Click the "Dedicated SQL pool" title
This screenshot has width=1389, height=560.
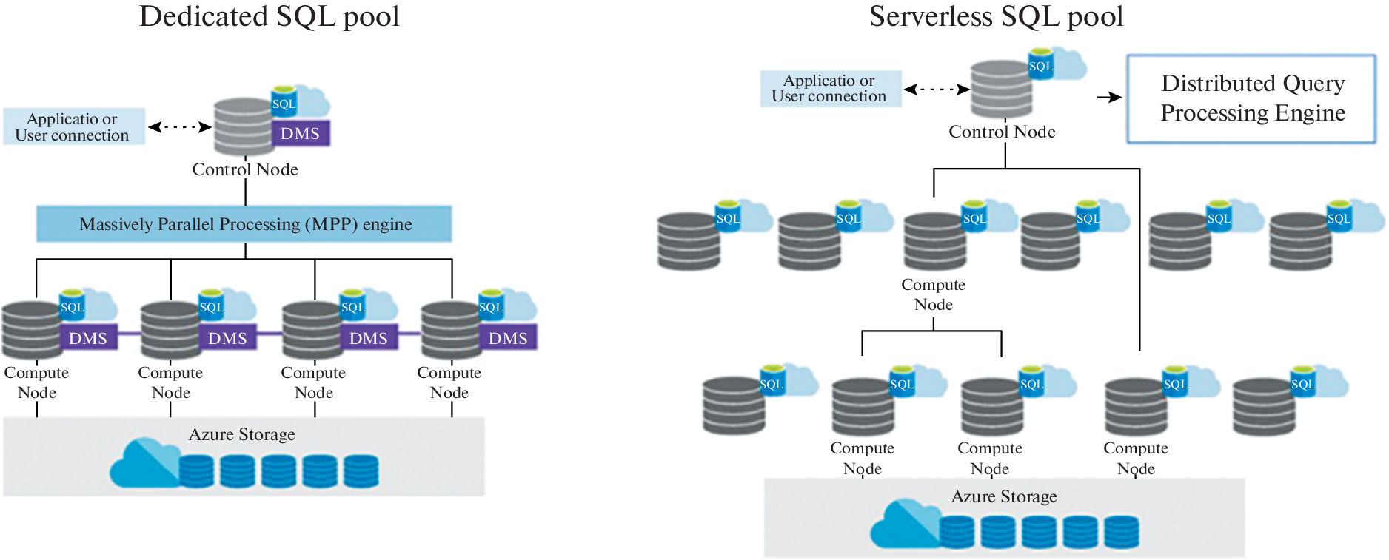[269, 17]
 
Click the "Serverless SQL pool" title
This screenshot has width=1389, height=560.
[996, 17]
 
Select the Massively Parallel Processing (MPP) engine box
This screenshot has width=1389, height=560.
[244, 224]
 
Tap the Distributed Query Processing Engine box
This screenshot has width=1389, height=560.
[1251, 98]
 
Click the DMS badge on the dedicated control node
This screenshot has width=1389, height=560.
[300, 134]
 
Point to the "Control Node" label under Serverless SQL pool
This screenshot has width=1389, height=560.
[1002, 132]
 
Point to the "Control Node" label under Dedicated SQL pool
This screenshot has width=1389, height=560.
[245, 169]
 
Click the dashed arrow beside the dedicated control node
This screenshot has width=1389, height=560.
[180, 127]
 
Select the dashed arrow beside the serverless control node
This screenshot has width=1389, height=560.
[937, 90]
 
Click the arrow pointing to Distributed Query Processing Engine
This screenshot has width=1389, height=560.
[1109, 97]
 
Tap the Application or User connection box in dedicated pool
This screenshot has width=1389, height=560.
[73, 126]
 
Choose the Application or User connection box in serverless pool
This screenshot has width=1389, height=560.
[830, 89]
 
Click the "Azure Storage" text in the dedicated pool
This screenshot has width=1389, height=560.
[242, 434]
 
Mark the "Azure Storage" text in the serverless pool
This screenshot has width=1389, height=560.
[1004, 496]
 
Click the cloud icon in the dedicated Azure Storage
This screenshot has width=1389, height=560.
[142, 464]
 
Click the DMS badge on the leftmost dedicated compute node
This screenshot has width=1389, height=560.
[88, 338]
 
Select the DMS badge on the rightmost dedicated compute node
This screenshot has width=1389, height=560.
[508, 338]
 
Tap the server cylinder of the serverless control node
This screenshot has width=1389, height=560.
[1000, 90]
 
